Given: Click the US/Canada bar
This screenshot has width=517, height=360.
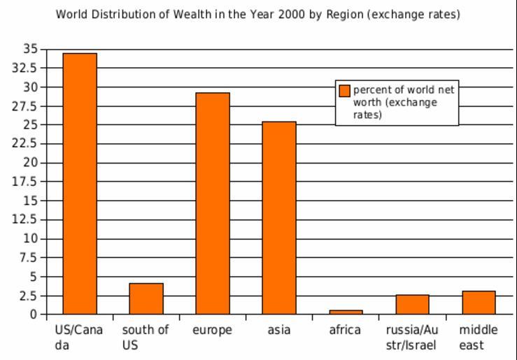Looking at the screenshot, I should click(x=80, y=183).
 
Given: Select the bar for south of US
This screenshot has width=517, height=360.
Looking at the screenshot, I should click(x=146, y=298).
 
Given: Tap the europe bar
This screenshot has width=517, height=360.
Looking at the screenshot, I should click(x=213, y=203).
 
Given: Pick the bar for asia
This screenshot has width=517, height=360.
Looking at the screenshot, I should click(x=279, y=217).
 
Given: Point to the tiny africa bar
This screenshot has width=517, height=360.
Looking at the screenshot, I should click(x=346, y=312).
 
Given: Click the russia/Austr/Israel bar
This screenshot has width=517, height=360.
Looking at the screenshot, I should click(x=412, y=304).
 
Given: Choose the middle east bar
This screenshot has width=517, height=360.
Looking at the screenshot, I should click(x=479, y=302).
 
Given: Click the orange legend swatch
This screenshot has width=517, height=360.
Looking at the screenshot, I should click(x=344, y=90).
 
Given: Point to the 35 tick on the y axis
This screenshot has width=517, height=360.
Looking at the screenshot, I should click(x=30, y=49).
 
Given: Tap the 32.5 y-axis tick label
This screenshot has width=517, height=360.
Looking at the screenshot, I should click(x=26, y=68).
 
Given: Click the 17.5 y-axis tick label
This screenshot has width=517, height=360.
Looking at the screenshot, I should click(x=26, y=182).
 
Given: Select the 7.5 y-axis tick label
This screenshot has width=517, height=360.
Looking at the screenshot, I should click(x=29, y=257).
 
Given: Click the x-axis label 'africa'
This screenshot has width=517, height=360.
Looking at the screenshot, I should click(x=345, y=330).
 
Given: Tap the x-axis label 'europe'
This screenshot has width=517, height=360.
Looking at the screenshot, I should click(x=212, y=330).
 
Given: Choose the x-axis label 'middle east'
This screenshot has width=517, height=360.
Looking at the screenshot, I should click(x=479, y=337).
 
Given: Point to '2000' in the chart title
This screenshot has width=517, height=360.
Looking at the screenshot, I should click(x=292, y=14).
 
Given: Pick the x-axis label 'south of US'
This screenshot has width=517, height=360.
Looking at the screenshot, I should click(x=146, y=337).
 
